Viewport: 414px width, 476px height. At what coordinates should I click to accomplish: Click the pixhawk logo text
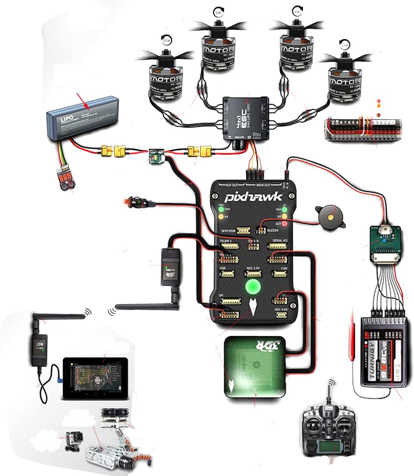tap(254, 197)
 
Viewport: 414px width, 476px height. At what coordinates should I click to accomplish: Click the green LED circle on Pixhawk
tap(252, 286)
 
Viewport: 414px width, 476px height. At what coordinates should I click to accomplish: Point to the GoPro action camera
tap(74, 440)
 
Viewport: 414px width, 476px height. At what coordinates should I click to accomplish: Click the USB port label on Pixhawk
tap(223, 269)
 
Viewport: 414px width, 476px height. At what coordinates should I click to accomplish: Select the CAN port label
tap(284, 269)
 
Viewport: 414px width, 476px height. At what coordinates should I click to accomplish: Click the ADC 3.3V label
tap(253, 269)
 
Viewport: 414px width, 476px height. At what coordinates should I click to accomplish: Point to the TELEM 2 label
tap(227, 241)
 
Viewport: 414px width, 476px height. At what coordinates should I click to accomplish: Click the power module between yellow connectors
tap(155, 155)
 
